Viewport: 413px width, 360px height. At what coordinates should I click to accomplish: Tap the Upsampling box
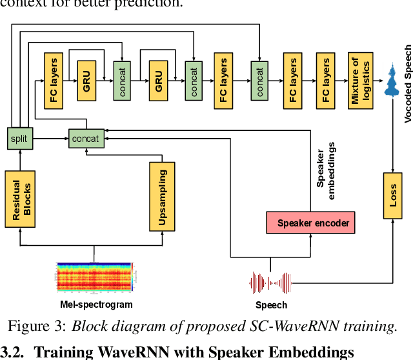(x=162, y=196)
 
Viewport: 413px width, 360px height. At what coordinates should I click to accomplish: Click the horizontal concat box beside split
(x=86, y=138)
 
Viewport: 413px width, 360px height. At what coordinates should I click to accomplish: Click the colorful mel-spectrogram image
(x=94, y=277)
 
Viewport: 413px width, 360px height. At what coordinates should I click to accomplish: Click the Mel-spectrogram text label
(x=92, y=304)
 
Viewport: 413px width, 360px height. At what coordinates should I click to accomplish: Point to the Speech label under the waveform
(x=271, y=305)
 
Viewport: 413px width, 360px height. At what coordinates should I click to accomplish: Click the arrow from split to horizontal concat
(x=52, y=138)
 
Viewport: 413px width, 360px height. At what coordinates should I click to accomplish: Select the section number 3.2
(x=11, y=352)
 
